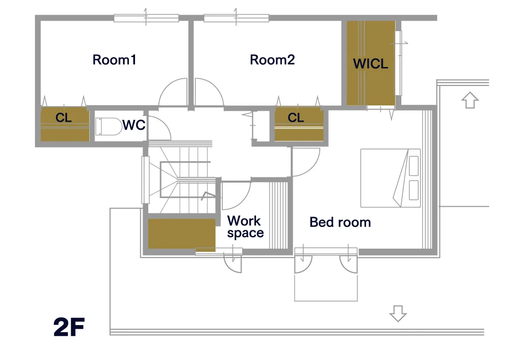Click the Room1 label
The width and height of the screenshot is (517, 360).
(x=114, y=60)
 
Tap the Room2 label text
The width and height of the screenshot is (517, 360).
(x=272, y=60)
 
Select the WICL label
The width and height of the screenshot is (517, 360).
(x=371, y=64)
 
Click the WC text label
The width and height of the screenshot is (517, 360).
(x=134, y=125)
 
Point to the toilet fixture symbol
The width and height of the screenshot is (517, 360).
(x=109, y=127)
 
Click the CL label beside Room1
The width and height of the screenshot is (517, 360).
(x=64, y=117)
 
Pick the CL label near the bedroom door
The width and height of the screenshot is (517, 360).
(x=296, y=117)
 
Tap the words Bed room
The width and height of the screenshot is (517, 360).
(x=340, y=222)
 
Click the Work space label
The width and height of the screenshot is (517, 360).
(x=246, y=226)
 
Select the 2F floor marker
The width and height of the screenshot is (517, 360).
(x=69, y=327)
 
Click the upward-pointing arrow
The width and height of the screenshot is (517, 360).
(x=470, y=100)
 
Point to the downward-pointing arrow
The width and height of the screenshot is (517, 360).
(x=398, y=313)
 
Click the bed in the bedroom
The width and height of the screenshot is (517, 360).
(x=390, y=178)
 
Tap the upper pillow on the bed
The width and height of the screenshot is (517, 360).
(x=414, y=166)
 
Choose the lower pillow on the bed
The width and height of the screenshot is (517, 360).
(x=414, y=190)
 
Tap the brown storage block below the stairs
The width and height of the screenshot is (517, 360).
(x=182, y=234)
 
